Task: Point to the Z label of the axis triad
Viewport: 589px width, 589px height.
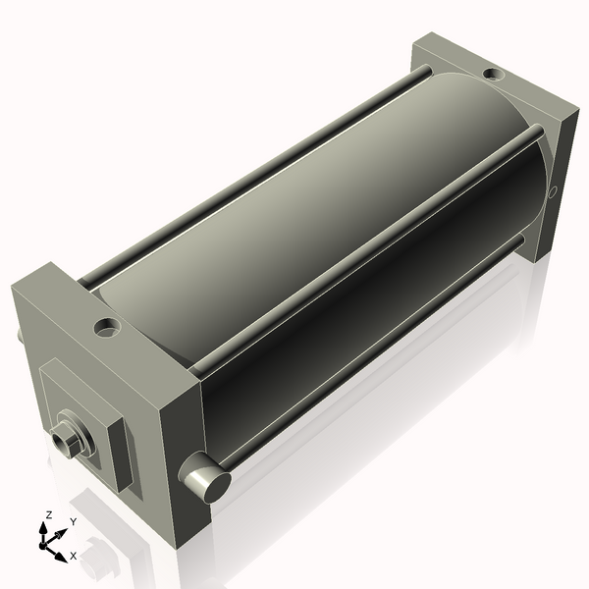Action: tap(48, 514)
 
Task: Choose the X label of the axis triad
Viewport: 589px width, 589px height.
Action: tap(73, 556)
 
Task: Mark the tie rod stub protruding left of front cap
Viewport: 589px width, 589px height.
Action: tap(19, 337)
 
